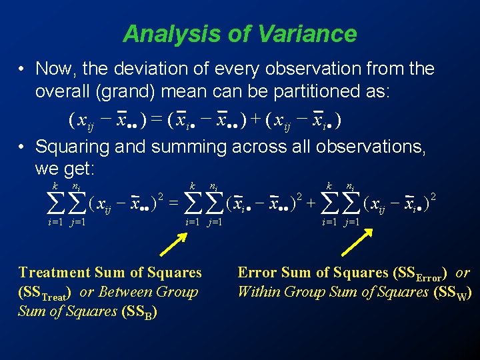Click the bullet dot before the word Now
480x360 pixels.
tap(22, 69)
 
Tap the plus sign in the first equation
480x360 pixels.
tap(256, 121)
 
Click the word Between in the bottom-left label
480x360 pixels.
tap(127, 292)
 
